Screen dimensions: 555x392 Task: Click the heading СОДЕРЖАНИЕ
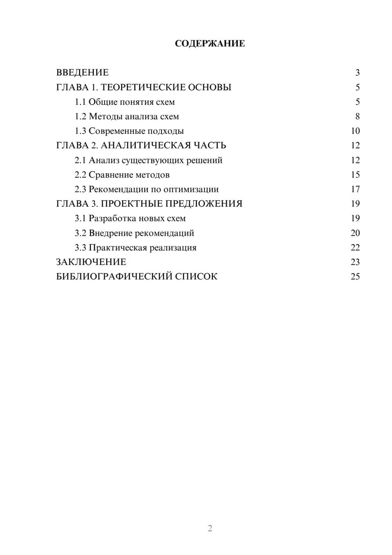pyautogui.click(x=210, y=44)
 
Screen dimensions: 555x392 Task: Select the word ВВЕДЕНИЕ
pyautogui.click(x=82, y=73)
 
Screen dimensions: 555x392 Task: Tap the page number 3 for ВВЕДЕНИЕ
pyautogui.click(x=357, y=73)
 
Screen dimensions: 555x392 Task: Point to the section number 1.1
pyautogui.click(x=80, y=102)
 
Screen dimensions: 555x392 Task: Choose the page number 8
pyautogui.click(x=357, y=117)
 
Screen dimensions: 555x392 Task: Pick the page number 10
pyautogui.click(x=355, y=131)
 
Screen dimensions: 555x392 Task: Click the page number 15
pyautogui.click(x=355, y=175)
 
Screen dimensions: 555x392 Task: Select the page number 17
pyautogui.click(x=355, y=189)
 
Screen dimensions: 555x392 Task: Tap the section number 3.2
pyautogui.click(x=80, y=233)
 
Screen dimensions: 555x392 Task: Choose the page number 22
pyautogui.click(x=355, y=248)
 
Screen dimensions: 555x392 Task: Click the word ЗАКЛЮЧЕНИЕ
pyautogui.click(x=91, y=262)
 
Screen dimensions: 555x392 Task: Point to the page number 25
pyautogui.click(x=355, y=276)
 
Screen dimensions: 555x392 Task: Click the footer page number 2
pyautogui.click(x=210, y=528)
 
